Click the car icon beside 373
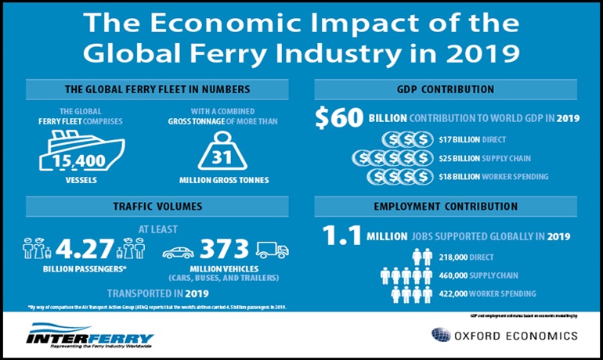pyautogui.click(x=179, y=252)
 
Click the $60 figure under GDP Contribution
pyautogui.click(x=339, y=117)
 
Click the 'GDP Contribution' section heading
pyautogui.click(x=456, y=89)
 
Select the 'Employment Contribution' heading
pyautogui.click(x=456, y=208)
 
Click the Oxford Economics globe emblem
pyautogui.click(x=440, y=336)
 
